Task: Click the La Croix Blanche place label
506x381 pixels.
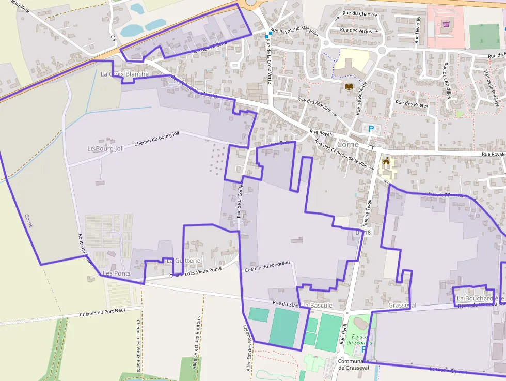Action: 124,74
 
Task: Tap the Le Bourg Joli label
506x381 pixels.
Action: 106,148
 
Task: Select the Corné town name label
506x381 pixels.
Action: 347,144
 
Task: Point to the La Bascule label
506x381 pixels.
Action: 318,306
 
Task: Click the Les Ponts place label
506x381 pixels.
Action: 117,273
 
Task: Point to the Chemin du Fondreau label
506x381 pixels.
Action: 267,266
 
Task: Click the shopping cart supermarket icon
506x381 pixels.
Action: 446,23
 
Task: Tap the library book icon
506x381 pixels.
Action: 349,86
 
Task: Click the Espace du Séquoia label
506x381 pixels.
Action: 356,339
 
